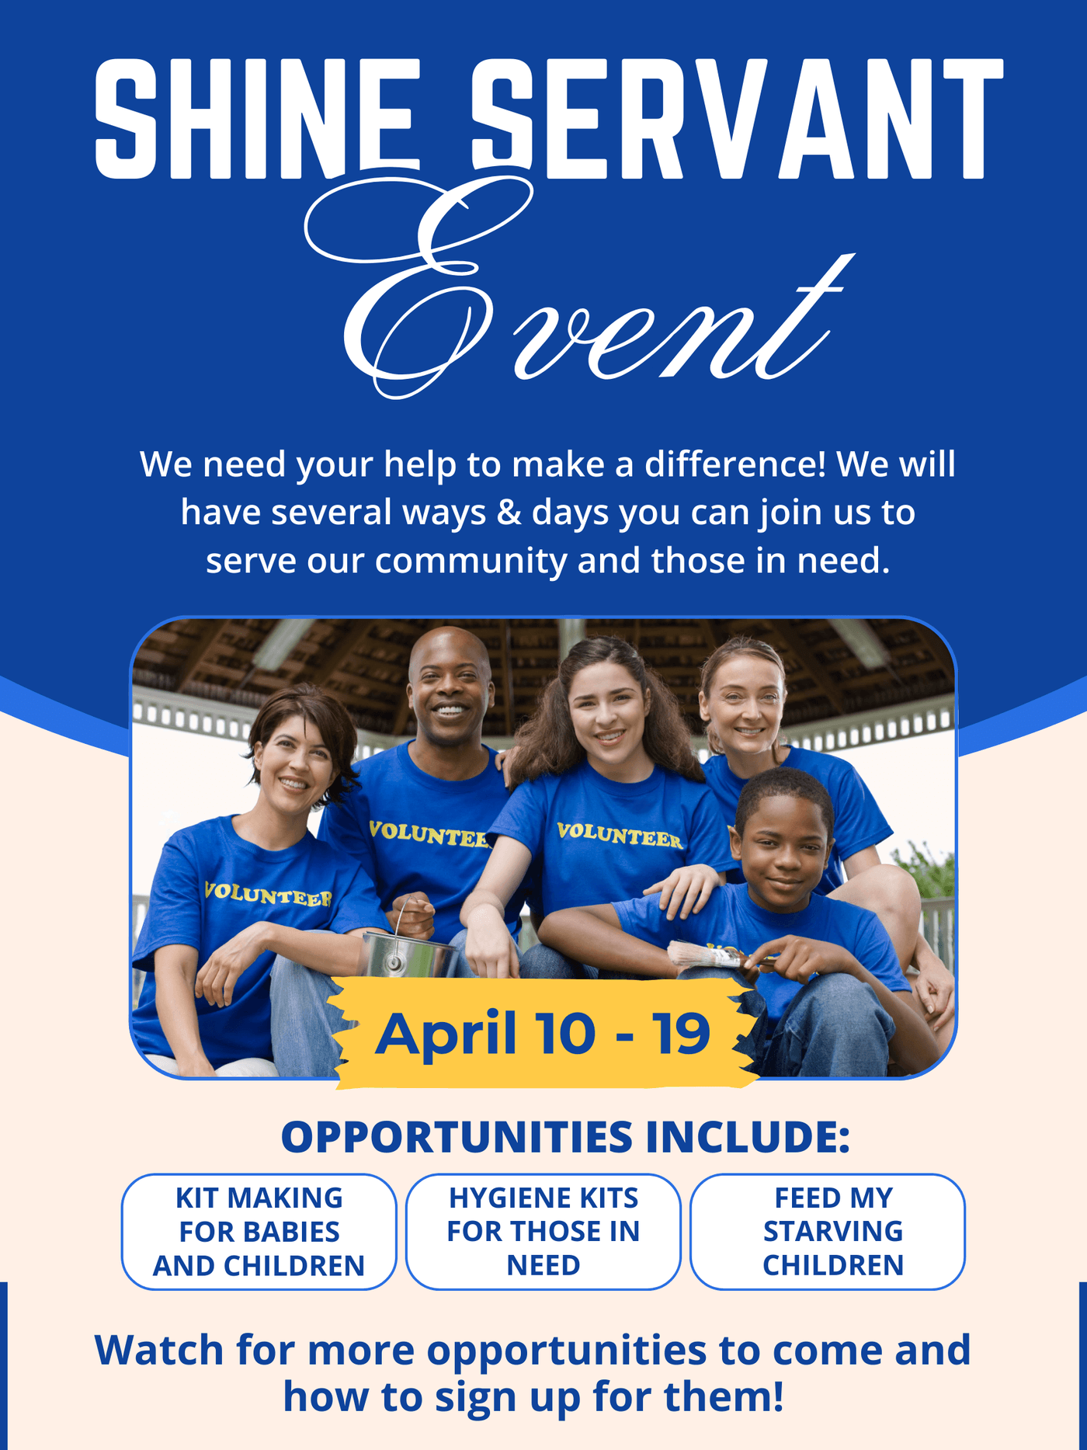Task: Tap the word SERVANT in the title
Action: (737, 118)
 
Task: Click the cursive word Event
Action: (578, 287)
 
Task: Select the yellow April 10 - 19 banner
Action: (544, 1033)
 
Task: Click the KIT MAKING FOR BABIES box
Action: (259, 1232)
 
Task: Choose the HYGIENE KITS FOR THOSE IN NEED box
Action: (543, 1232)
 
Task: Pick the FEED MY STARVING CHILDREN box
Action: (828, 1232)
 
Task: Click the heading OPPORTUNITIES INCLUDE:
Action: (565, 1137)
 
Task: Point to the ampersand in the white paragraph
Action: (509, 513)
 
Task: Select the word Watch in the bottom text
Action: (159, 1351)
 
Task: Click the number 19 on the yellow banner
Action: (681, 1034)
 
